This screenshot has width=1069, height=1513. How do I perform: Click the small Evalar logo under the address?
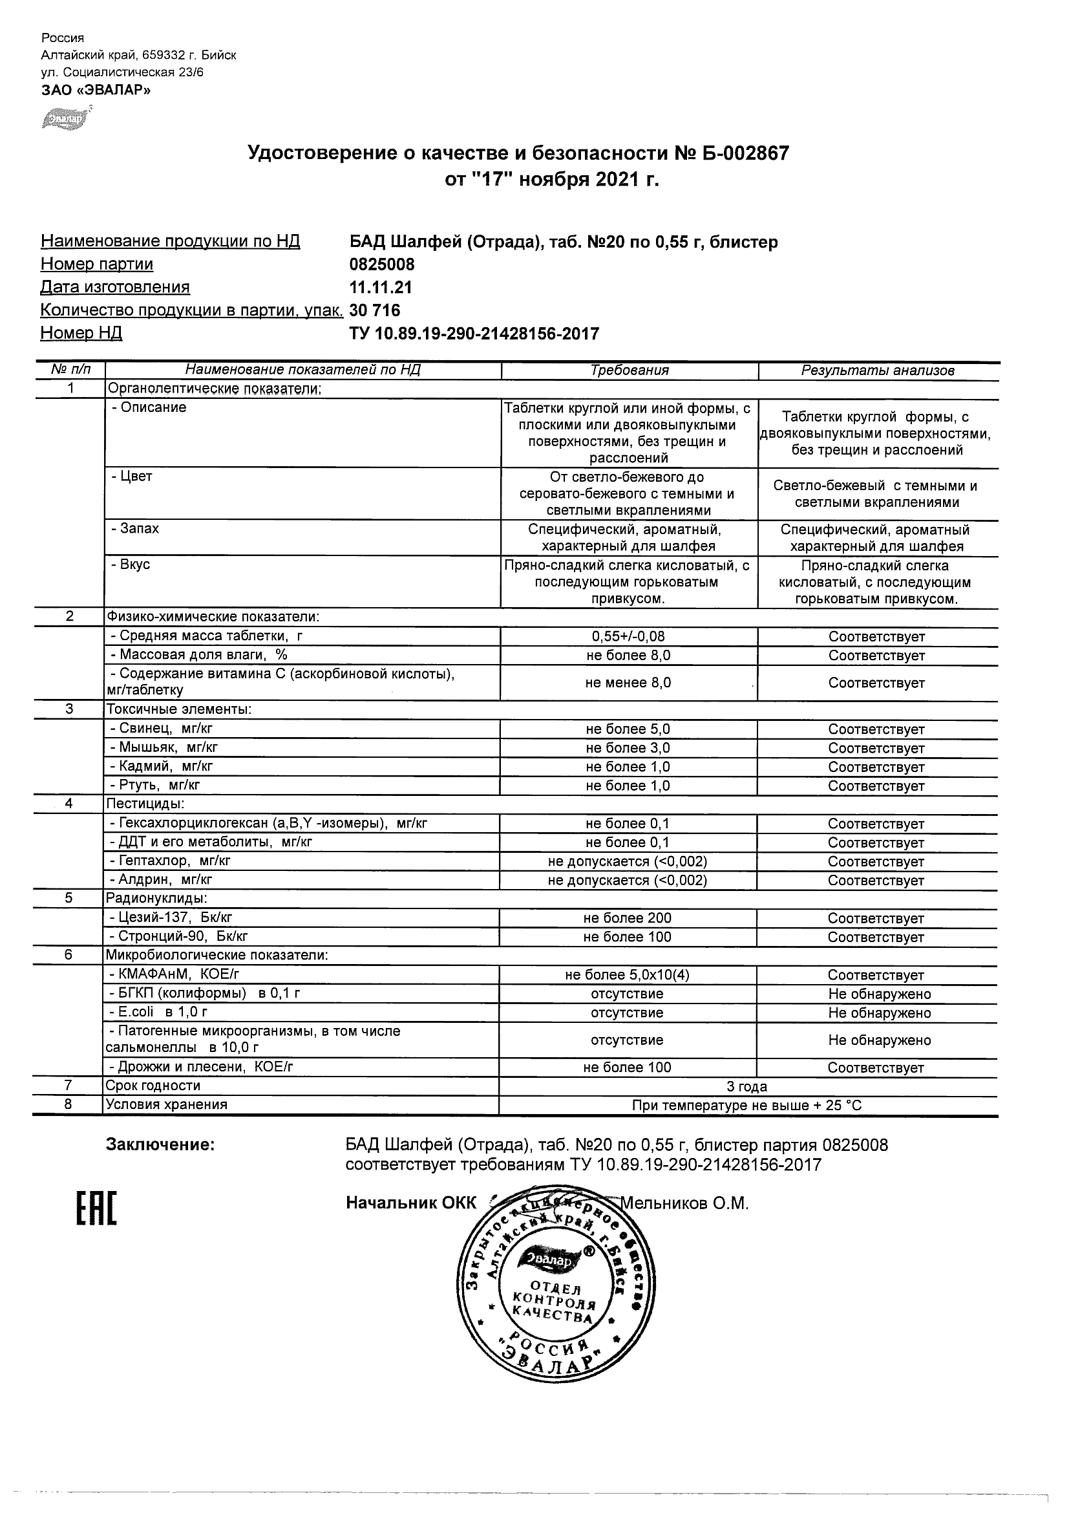point(65,118)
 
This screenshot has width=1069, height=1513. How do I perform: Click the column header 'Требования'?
point(629,370)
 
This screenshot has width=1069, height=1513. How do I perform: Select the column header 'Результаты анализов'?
point(877,370)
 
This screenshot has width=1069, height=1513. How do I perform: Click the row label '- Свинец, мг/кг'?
point(162,728)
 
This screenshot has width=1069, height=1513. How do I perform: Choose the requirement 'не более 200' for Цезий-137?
point(627,918)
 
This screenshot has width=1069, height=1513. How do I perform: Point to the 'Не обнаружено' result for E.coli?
point(879,1013)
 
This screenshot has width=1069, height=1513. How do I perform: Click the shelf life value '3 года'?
point(747,1086)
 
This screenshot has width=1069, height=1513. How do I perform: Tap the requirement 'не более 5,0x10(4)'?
point(627,974)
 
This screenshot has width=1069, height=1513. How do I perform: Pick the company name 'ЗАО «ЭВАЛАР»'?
point(96,91)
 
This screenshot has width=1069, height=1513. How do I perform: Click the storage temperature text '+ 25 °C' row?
point(747,1105)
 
